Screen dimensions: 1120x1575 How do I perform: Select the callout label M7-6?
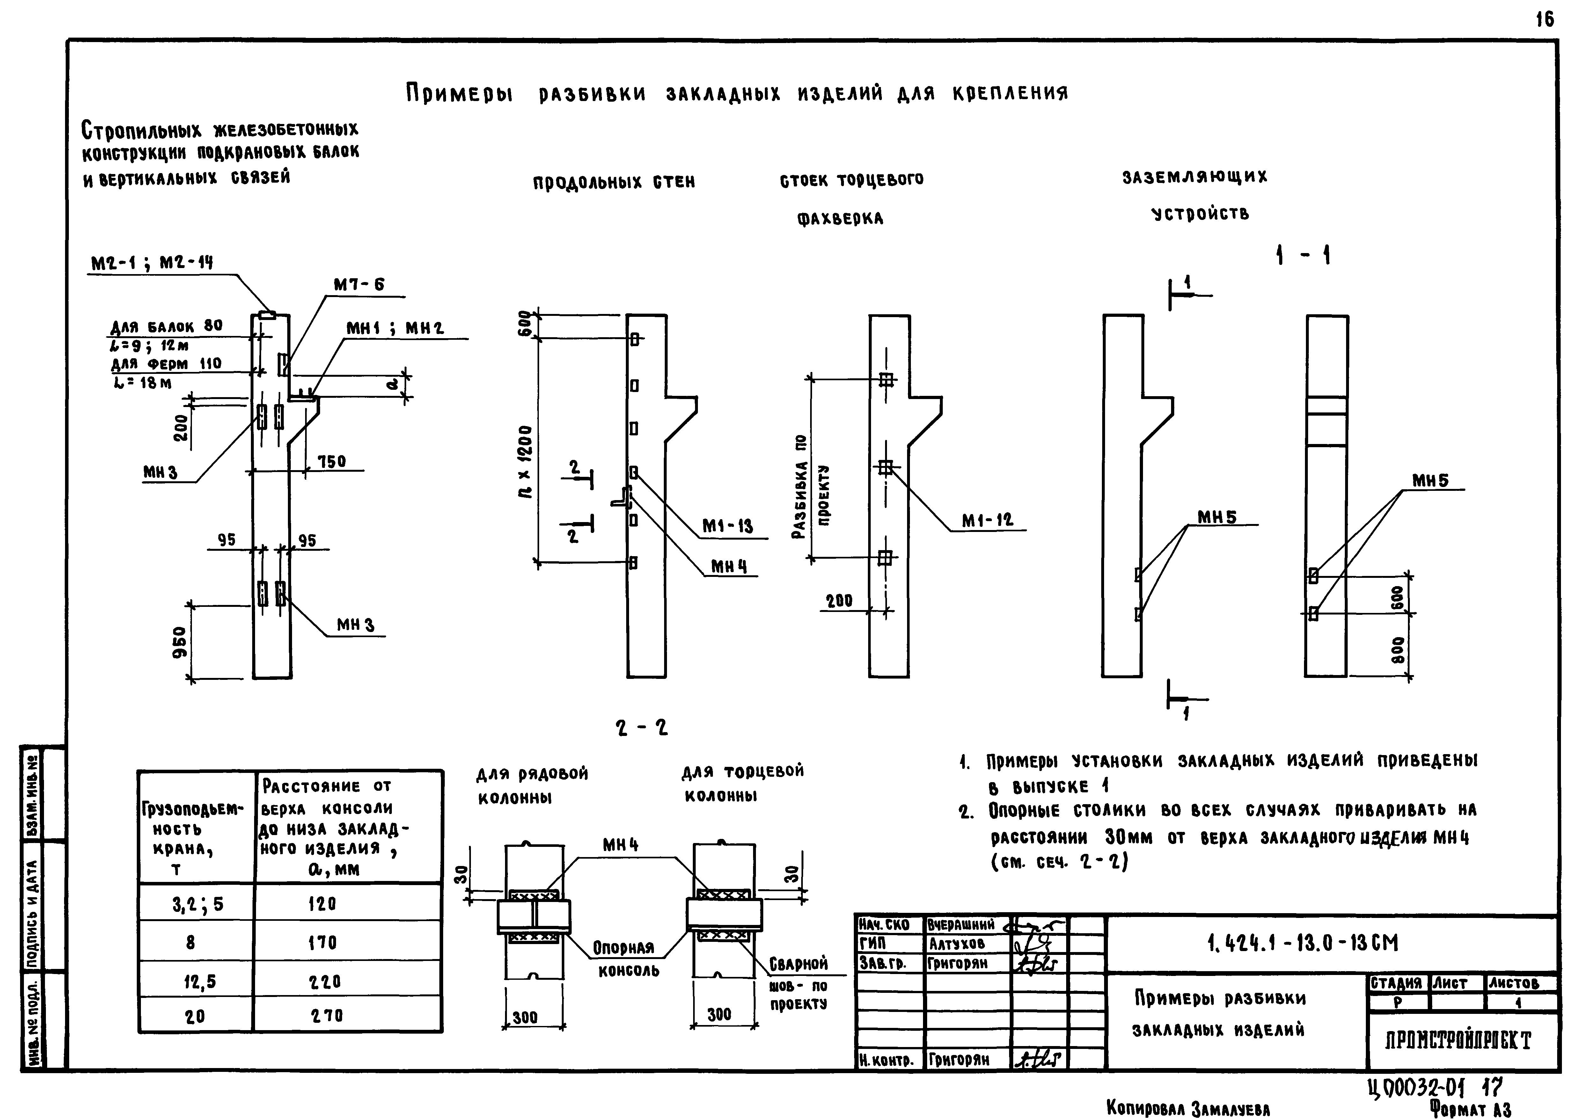[x=359, y=284]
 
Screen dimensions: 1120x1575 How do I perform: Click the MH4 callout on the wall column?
[x=729, y=567]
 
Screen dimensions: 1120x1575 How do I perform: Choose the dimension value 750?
[x=332, y=462]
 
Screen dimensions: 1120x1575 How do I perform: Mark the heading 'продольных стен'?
[x=613, y=182]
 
